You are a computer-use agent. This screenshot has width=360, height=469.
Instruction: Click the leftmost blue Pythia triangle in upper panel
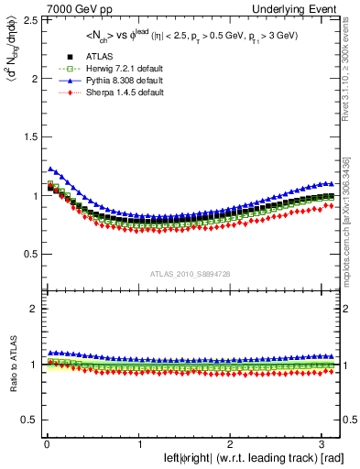(x=49, y=169)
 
